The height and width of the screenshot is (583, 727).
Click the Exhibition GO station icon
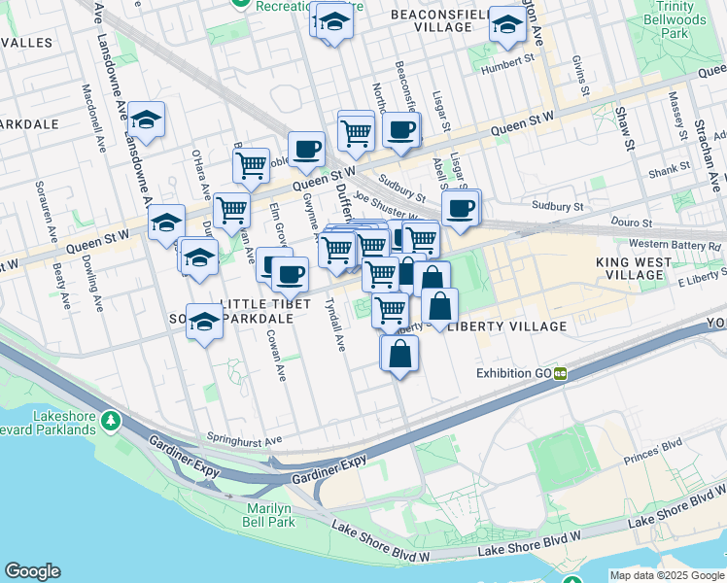pos(561,373)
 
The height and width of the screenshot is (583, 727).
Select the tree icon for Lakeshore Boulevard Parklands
pos(112,420)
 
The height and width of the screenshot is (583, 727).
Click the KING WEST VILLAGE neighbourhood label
pos(633,268)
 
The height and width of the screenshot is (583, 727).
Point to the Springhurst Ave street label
pos(244,439)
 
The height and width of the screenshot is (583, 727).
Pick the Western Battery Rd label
pos(675,244)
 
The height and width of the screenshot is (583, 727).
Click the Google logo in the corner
pos(32,571)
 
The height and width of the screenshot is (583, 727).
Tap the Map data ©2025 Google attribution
pos(667,575)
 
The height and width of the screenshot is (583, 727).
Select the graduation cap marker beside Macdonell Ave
pos(146,120)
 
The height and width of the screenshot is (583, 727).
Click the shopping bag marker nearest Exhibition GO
pos(399,356)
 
